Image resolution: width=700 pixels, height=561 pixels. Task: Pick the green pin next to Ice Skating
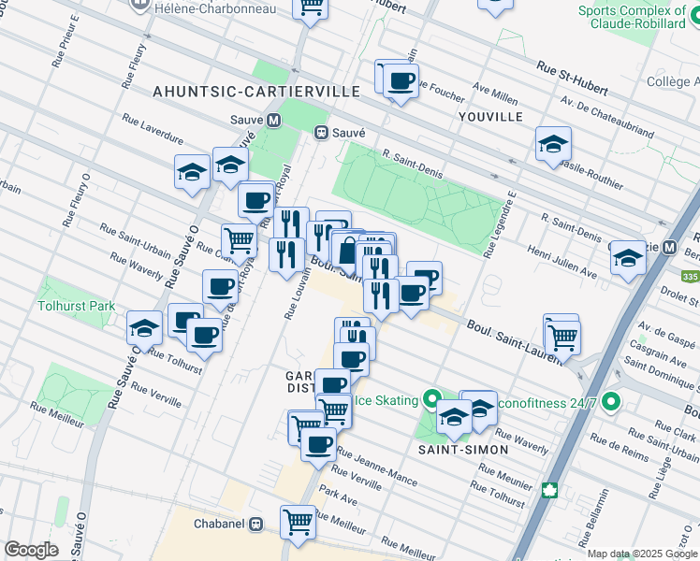point(431,400)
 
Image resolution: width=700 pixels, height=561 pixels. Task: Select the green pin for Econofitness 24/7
point(612,402)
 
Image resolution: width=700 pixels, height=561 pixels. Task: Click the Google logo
point(31,550)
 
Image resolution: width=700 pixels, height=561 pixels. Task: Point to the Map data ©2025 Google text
point(641,554)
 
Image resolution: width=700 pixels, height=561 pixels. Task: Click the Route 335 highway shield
point(690,278)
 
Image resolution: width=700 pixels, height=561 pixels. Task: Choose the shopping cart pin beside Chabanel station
point(298,520)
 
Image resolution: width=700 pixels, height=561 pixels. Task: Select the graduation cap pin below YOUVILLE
point(553,144)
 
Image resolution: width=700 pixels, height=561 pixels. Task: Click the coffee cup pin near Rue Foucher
point(401,81)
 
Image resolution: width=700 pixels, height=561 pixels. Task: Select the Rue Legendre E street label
point(499,225)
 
